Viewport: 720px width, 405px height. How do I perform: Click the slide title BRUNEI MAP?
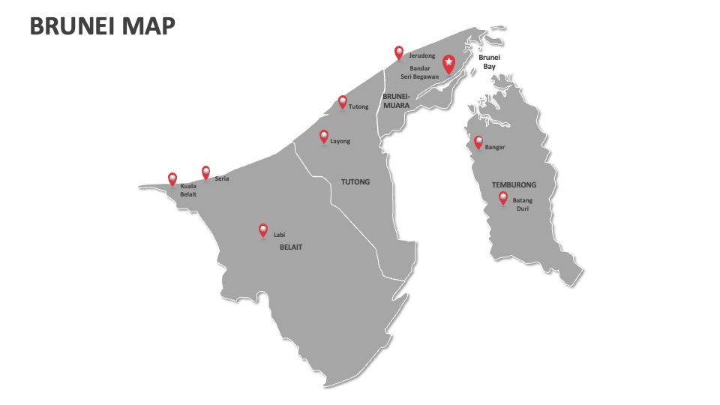102,27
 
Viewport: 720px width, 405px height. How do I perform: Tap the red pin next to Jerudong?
399,52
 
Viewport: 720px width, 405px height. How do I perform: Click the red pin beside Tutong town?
343,102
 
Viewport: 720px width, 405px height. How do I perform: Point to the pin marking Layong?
324,136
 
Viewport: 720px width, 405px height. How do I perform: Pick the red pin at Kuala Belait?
172,179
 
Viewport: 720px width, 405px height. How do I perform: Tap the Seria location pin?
206,172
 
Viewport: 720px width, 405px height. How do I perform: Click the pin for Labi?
263,230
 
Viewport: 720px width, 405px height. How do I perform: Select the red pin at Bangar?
478,142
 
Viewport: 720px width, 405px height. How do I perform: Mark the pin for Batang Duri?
503,198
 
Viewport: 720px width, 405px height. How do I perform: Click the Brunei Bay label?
489,61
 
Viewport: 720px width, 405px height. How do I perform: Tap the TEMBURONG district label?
514,184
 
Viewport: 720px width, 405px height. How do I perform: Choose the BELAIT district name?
291,247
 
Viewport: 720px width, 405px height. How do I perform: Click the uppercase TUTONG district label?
355,181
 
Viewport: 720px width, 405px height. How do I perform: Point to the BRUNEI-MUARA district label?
396,100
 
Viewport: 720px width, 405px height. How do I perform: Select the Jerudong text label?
421,55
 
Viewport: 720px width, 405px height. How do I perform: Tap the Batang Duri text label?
523,205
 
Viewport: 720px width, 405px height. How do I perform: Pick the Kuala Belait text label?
188,190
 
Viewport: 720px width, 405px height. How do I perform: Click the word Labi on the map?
279,235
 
